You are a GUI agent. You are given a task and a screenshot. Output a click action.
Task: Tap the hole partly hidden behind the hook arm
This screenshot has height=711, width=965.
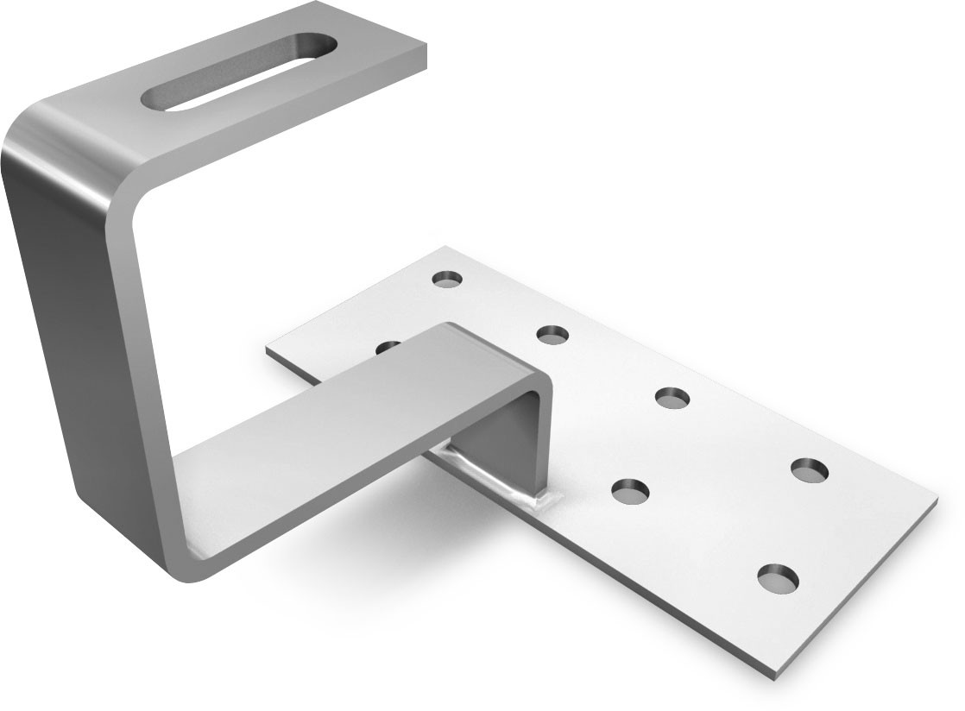(388, 346)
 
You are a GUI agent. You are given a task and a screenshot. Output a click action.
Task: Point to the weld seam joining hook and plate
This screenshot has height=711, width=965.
(492, 475)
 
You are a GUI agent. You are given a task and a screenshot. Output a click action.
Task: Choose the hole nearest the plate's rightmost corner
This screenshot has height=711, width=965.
(809, 469)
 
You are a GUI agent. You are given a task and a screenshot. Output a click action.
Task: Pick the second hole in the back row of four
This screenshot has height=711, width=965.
(553, 333)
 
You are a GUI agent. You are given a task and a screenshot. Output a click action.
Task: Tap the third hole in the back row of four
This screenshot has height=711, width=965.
(672, 397)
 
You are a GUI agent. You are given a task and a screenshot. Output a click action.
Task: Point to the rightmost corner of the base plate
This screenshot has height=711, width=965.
(936, 498)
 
